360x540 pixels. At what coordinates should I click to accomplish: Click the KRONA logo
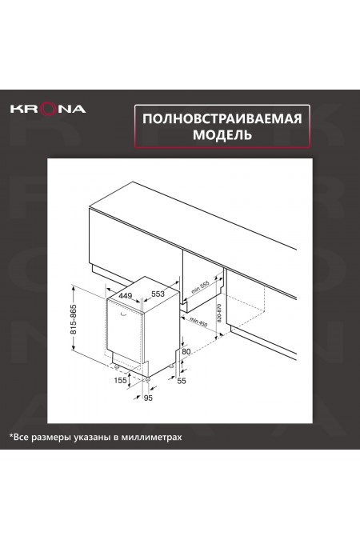point(47,108)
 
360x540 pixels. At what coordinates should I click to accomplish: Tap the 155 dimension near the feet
point(119,381)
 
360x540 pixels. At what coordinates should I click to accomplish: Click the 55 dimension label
point(182,382)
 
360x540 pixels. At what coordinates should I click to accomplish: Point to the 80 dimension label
point(186,350)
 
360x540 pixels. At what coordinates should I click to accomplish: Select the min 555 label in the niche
point(200,286)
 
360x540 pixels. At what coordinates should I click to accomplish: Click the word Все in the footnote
point(22,438)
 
